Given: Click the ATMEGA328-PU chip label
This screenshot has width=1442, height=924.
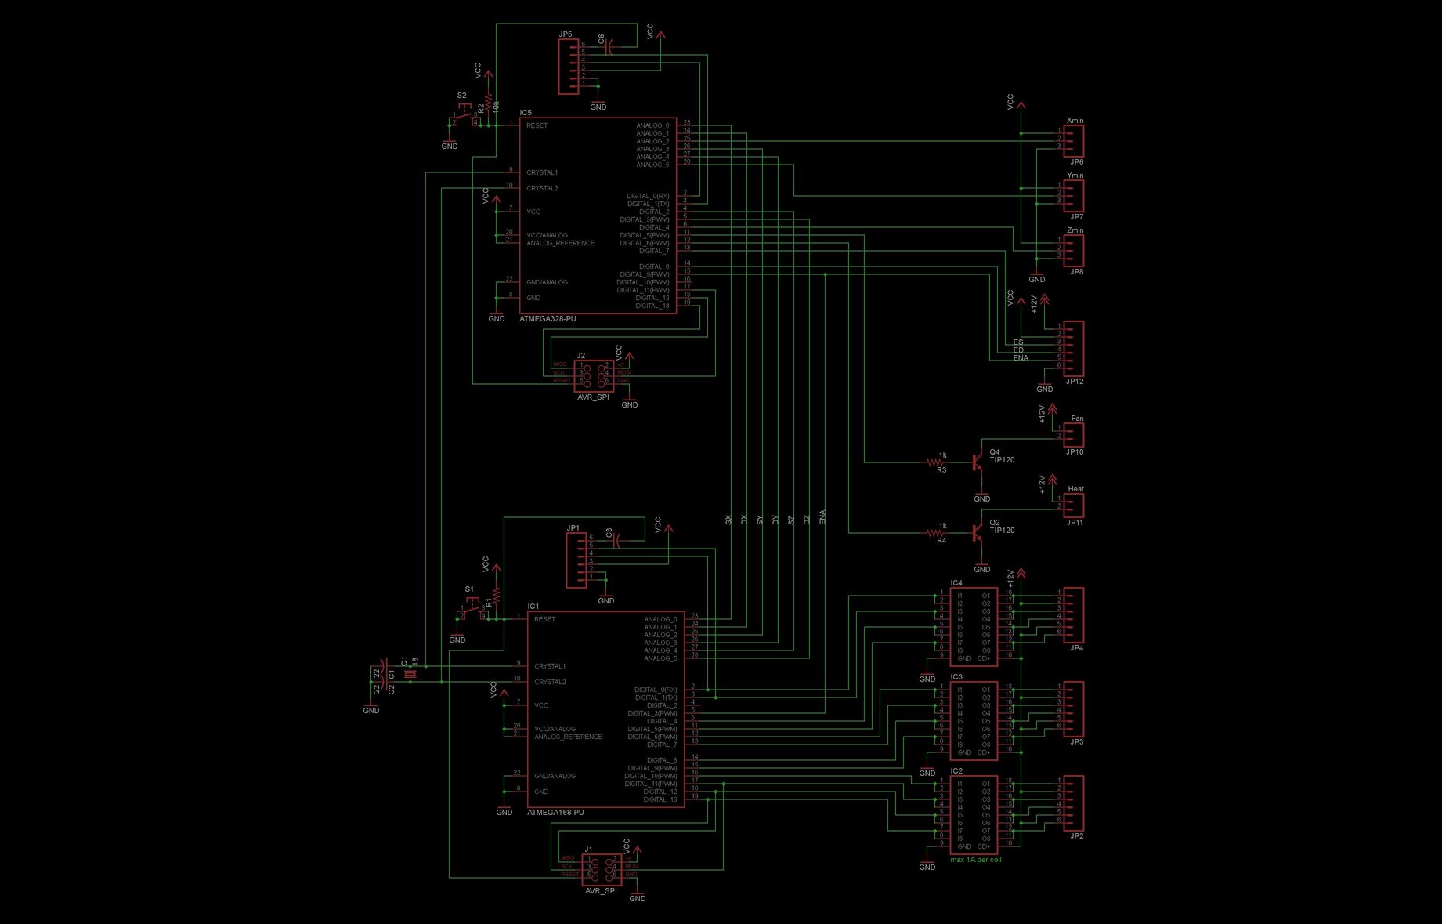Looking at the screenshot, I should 548,319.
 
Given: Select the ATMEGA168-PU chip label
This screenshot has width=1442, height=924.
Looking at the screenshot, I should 555,813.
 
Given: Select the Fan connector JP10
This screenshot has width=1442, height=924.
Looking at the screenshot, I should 1074,435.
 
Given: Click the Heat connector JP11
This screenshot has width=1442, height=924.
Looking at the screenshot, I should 1074,505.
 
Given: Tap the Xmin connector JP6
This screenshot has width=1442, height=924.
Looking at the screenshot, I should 1074,141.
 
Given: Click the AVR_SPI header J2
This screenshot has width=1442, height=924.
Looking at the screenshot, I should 593,376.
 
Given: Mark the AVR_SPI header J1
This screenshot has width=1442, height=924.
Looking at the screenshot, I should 601,870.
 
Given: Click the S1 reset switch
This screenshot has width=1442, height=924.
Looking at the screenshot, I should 473,611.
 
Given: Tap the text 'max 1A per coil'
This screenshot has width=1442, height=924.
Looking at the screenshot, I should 975,860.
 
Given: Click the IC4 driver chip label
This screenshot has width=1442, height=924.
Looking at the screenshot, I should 956,583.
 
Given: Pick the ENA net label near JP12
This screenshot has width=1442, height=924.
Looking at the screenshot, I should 1021,358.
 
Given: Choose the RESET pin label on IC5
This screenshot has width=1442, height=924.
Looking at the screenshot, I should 537,125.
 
